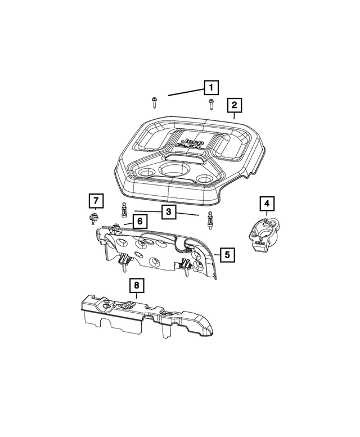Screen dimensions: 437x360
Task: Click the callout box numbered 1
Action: pyautogui.click(x=211, y=87)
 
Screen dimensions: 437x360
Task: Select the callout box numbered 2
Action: pyautogui.click(x=234, y=105)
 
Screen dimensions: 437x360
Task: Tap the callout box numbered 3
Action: pyautogui.click(x=167, y=212)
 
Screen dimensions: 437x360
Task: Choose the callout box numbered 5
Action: pyautogui.click(x=227, y=255)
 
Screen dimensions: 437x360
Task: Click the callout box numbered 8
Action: pyautogui.click(x=136, y=286)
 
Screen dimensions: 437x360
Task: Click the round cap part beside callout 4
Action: pyautogui.click(x=263, y=232)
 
